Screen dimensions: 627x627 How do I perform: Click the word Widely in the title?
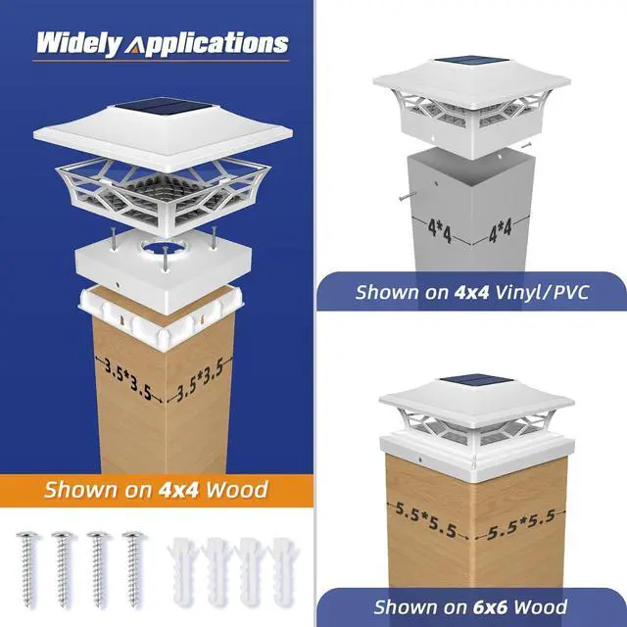point(77,44)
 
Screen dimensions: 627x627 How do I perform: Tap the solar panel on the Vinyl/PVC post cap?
point(459,66)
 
